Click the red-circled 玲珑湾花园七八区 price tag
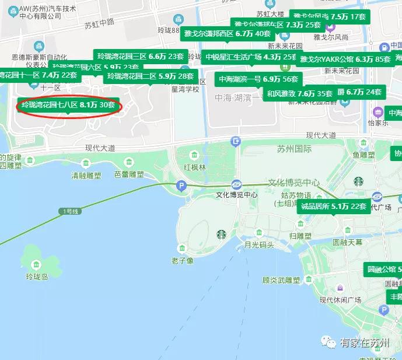point(68,106)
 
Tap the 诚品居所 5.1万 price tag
point(334,206)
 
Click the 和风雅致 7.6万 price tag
point(299,93)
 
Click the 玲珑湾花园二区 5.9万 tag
point(150,76)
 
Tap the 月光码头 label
point(259,245)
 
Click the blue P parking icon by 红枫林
point(181,186)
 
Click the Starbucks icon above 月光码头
point(221,235)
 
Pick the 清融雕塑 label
point(86,174)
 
